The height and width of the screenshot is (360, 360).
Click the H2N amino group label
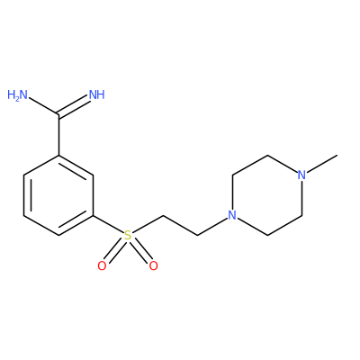17,95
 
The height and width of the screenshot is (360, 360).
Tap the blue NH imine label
97,95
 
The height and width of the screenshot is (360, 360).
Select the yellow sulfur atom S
128,235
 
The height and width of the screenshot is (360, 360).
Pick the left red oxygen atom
102,266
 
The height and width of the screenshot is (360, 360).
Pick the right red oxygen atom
153,266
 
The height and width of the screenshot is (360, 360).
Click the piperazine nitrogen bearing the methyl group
301,175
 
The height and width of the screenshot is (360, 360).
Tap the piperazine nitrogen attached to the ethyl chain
232,215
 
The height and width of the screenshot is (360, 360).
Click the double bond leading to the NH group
75,106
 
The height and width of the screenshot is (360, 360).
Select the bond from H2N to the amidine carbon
43,106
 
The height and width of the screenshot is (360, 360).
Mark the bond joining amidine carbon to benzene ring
58,135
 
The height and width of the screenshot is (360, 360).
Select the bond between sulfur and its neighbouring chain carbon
148,224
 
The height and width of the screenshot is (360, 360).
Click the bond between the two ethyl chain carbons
180,225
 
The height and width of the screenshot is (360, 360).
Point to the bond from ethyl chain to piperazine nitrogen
212,227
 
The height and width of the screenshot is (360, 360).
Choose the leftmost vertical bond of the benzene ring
24,195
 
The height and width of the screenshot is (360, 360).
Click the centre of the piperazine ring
267,195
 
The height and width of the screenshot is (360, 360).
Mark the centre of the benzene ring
58,195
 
